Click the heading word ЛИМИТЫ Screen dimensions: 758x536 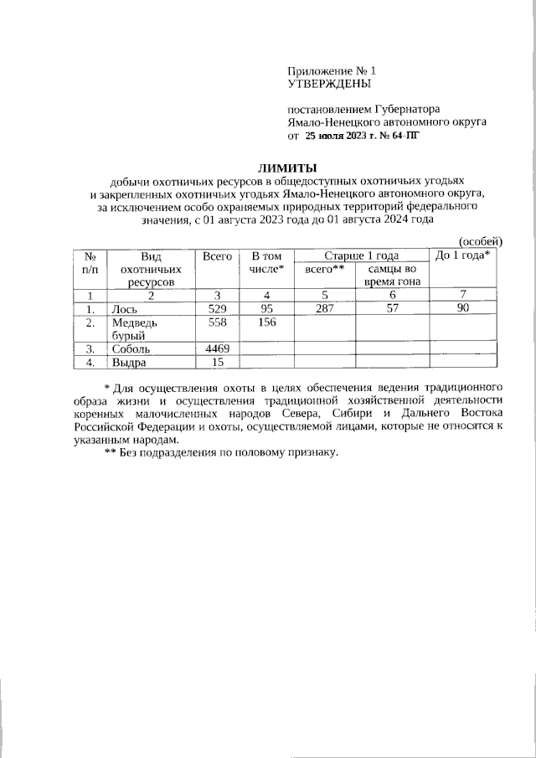(x=286, y=168)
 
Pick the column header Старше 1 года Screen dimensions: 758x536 (x=361, y=255)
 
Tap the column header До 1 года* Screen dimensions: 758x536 (x=465, y=255)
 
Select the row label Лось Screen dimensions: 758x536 (x=126, y=309)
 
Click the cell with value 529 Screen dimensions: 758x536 (x=217, y=309)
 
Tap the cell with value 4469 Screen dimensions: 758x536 (x=217, y=348)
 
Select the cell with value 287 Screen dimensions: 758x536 (x=325, y=309)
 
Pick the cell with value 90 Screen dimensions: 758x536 (x=465, y=309)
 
